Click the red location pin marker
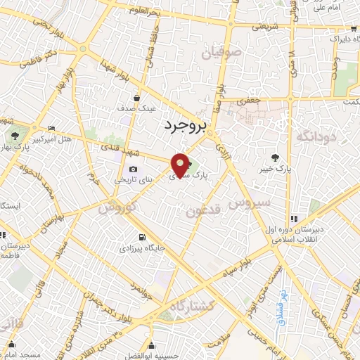click(x=181, y=164)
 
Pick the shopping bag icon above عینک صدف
click(x=136, y=98)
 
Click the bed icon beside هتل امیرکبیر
click(x=53, y=128)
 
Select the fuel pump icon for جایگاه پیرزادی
click(x=143, y=237)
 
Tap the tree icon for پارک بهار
click(x=14, y=134)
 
